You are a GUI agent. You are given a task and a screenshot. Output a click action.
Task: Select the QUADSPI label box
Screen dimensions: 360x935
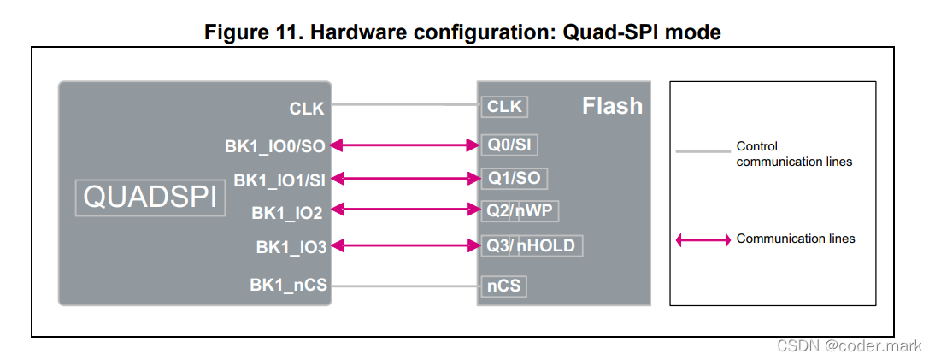pos(149,198)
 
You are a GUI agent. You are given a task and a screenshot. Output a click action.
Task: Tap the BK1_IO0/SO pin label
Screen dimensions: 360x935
pos(275,146)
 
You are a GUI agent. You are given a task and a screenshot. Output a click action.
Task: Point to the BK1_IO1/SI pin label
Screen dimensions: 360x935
pos(279,180)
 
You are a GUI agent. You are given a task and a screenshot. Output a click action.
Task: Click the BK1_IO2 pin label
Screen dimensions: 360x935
pos(289,211)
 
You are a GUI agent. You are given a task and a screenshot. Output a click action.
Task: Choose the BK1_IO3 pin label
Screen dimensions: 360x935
pos(291,246)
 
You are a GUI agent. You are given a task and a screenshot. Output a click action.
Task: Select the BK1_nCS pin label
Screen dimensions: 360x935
pos(288,285)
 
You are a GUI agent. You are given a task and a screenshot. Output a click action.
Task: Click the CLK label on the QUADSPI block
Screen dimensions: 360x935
pos(307,109)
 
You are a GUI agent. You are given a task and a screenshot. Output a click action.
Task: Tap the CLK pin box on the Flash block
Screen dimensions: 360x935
pos(503,107)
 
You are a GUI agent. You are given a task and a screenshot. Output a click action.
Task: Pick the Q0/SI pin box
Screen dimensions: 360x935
pos(509,145)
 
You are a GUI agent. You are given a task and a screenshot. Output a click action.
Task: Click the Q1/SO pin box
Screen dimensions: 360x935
pos(514,179)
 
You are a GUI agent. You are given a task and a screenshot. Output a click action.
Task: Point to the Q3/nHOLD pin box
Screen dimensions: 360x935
pos(531,246)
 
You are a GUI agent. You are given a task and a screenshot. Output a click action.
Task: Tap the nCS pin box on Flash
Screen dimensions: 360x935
pos(503,286)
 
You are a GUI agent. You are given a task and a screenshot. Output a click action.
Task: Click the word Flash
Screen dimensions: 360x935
pos(612,106)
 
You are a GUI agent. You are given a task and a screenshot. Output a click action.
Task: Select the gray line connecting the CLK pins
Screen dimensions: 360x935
pos(404,105)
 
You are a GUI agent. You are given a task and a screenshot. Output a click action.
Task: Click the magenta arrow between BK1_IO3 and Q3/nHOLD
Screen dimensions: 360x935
pos(404,246)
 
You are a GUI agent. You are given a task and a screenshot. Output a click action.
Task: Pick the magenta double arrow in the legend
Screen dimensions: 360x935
pos(703,239)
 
